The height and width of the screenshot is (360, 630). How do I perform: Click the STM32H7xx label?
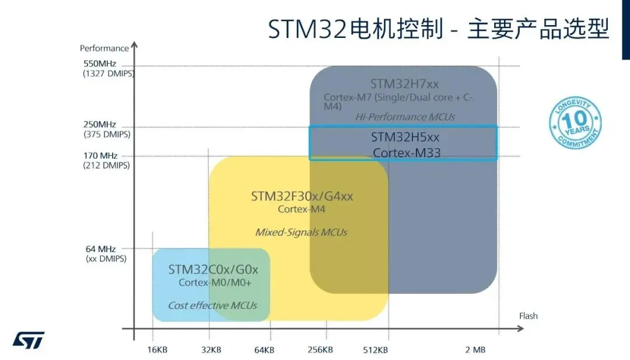click(x=404, y=84)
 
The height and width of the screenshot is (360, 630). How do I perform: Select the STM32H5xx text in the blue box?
click(x=405, y=137)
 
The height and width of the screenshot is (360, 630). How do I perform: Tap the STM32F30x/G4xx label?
click(x=302, y=196)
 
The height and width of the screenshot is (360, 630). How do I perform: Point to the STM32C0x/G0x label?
click(x=213, y=270)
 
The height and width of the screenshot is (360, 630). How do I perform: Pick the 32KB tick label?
click(x=211, y=350)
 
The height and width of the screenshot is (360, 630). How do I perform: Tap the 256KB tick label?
click(x=320, y=350)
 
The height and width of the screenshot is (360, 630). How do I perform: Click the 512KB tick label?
click(x=375, y=350)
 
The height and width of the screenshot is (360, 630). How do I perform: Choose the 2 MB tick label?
click(x=475, y=350)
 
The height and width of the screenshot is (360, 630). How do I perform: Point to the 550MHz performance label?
click(x=100, y=64)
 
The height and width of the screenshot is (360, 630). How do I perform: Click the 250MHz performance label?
click(x=100, y=124)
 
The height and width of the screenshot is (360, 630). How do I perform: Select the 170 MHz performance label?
click(x=100, y=156)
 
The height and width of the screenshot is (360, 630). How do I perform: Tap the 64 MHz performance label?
click(x=101, y=249)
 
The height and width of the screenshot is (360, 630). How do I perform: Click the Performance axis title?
click(x=104, y=48)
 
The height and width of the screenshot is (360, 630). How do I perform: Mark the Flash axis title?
click(x=528, y=316)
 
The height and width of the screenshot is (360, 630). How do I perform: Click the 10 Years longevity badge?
click(x=575, y=124)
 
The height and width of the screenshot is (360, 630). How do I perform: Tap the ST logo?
click(x=29, y=341)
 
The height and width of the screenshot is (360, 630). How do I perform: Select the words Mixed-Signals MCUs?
click(x=301, y=232)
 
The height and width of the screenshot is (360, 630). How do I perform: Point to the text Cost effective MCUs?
click(x=212, y=306)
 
